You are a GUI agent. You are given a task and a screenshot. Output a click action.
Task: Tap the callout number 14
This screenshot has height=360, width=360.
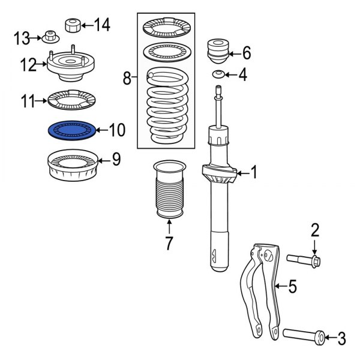point(102,25)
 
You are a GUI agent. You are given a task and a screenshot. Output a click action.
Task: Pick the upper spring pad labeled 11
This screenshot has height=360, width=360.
point(72,101)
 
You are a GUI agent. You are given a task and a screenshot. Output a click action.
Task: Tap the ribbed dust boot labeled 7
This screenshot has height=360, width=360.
point(169,191)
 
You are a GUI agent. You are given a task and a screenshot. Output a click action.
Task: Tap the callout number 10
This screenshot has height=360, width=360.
point(117,129)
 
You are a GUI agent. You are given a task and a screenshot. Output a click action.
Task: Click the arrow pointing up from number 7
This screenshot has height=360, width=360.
point(169,226)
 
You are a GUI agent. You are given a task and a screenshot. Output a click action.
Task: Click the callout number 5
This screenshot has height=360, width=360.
point(292,287)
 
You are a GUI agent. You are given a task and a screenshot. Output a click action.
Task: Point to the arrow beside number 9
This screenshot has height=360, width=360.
point(103,159)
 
